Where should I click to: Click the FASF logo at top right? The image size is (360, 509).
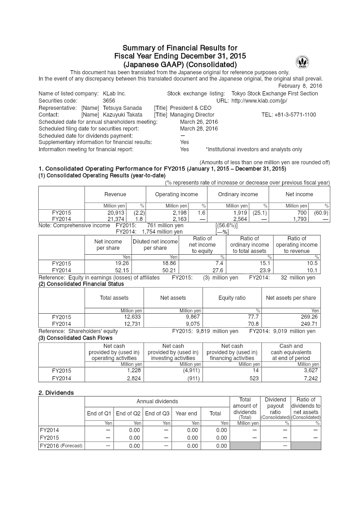click(302, 62)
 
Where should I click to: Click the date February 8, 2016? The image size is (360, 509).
click(300, 86)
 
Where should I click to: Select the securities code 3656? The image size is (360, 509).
click(109, 101)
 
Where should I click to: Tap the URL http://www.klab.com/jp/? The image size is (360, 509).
click(259, 101)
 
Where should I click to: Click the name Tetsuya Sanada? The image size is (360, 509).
click(122, 108)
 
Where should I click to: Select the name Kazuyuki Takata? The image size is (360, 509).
click(123, 115)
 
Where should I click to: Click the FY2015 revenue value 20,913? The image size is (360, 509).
click(116, 212)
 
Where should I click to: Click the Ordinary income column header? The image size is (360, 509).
click(238, 194)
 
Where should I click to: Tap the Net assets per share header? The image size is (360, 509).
click(291, 298)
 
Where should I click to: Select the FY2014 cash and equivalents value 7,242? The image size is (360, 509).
click(310, 379)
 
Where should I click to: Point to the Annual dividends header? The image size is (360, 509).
click(157, 401)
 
